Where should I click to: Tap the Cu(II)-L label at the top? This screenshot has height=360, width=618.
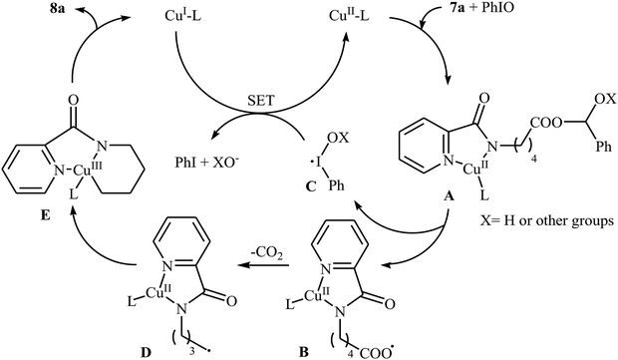352,18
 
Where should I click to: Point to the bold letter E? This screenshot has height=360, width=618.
28,196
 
